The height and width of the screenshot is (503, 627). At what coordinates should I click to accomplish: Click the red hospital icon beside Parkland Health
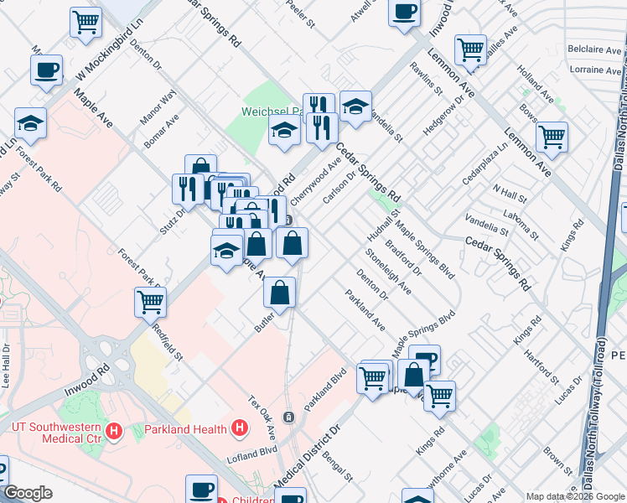pos(240,429)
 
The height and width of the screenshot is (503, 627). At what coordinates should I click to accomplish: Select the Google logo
pos(28,493)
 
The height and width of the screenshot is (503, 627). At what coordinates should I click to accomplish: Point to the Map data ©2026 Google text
pos(575,496)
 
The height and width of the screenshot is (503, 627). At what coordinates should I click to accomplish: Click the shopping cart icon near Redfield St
pos(151,301)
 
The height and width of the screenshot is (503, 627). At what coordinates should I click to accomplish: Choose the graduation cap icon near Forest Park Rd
pos(30,122)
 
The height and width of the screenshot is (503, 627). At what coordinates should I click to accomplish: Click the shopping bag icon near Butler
pos(280,293)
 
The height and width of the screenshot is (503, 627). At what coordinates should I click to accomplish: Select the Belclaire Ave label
pos(593,50)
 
